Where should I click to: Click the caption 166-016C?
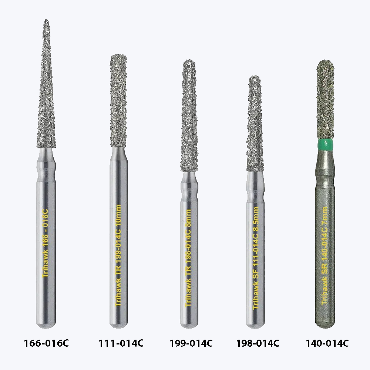tap(46, 343)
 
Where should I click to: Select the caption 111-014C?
tap(121, 343)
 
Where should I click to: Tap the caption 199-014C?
tap(191, 343)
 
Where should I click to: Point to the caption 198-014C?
tap(258, 343)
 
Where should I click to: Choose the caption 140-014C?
tap(327, 343)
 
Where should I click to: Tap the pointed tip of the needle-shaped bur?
tap(46, 20)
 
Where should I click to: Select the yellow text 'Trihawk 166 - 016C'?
tap(45, 243)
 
